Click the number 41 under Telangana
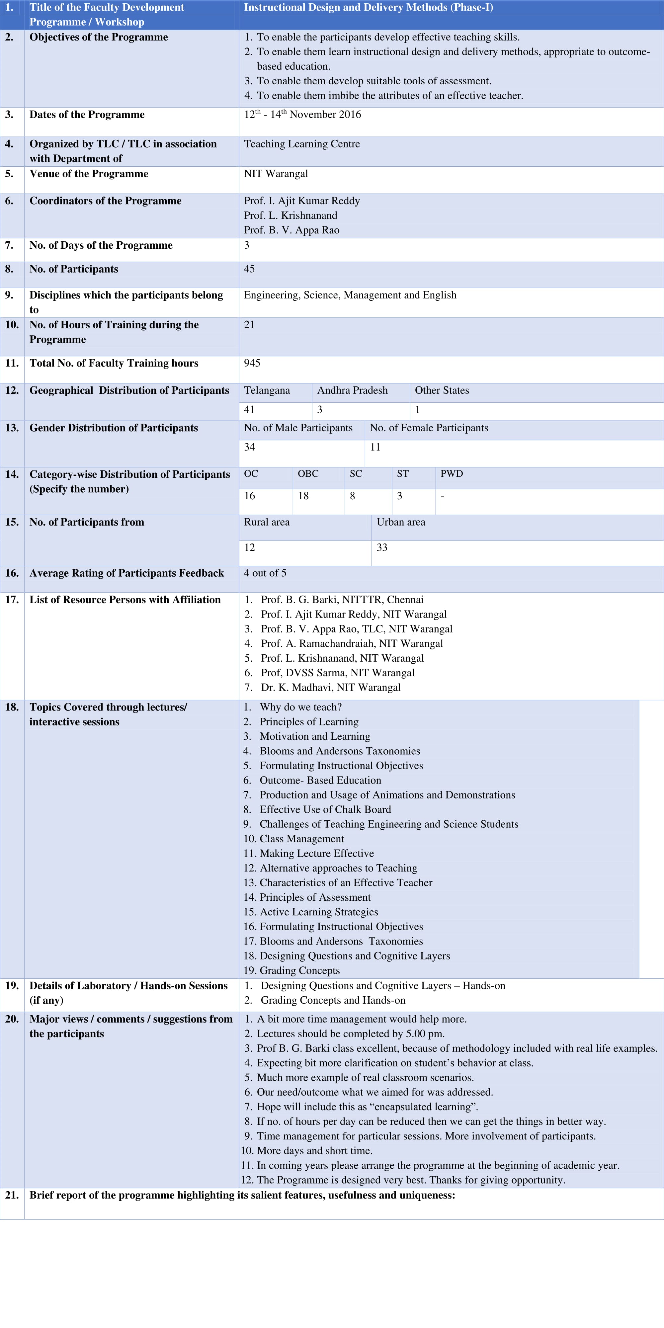point(250,410)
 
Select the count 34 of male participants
point(250,447)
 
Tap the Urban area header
point(401,522)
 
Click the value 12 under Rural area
point(250,547)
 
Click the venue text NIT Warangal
point(276,174)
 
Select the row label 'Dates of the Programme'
point(87,115)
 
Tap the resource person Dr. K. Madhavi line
point(330,688)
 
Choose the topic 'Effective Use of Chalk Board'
point(325,810)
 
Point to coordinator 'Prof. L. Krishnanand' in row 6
point(291,215)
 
